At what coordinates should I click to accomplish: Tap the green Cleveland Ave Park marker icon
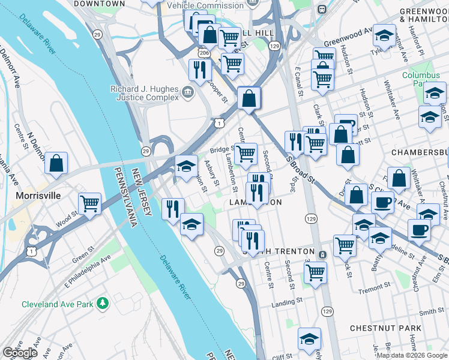pos(104,304)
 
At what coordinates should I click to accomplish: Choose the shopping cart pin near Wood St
pos(89,204)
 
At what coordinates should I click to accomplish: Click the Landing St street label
pos(285,304)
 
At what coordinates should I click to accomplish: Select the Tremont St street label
pos(374,290)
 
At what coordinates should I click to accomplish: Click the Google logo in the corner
pos(20,353)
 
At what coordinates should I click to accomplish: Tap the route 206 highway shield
pos(205,53)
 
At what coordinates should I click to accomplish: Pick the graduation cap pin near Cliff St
pos(309,340)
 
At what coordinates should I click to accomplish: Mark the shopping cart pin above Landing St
pos(315,272)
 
